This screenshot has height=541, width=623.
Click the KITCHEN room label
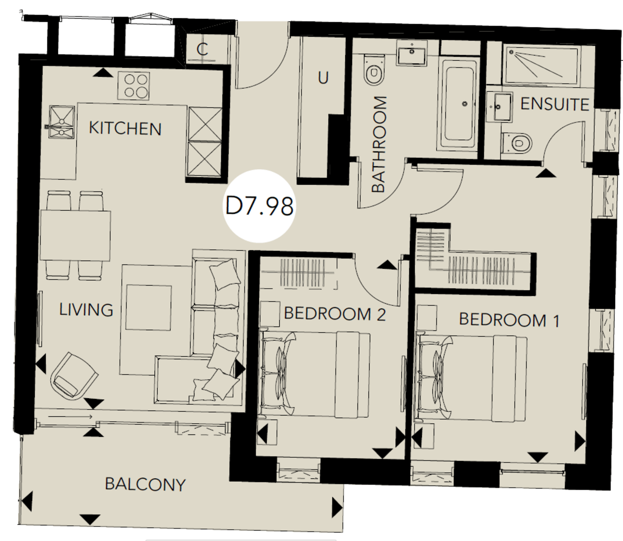[x=125, y=128]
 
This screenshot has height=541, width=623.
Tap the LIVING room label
[x=86, y=310]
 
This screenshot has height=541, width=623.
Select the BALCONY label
[x=145, y=484]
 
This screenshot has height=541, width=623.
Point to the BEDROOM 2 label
[x=335, y=314]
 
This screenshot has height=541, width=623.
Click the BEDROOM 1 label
[x=509, y=319]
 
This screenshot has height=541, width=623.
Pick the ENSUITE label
[x=554, y=104]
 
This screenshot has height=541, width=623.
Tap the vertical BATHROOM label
[x=380, y=144]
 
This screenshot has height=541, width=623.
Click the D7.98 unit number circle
[x=260, y=206]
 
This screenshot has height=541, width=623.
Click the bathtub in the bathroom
[x=459, y=102]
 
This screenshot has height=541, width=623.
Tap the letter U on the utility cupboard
[x=323, y=78]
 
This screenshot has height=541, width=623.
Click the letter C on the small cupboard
[x=202, y=50]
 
